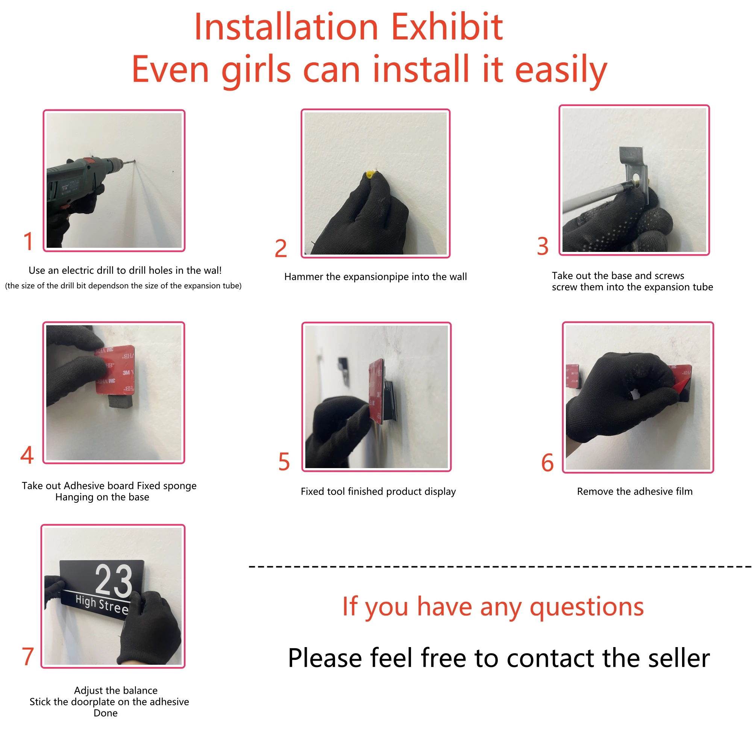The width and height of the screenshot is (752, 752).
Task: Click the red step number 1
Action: click(28, 241)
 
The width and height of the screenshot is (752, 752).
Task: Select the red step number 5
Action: click(284, 462)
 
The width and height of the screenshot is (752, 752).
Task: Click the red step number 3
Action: click(543, 246)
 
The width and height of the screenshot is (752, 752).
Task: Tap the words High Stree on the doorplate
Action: click(102, 605)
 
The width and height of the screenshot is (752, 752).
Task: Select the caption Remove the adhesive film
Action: click(634, 491)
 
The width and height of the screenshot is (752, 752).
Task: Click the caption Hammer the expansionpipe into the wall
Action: click(375, 277)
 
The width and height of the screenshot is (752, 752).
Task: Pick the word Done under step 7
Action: click(106, 713)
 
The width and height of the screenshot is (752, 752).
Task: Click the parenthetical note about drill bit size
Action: click(123, 286)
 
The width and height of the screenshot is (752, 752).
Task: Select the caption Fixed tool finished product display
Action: click(378, 491)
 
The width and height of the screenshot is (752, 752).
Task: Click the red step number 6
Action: click(547, 462)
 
